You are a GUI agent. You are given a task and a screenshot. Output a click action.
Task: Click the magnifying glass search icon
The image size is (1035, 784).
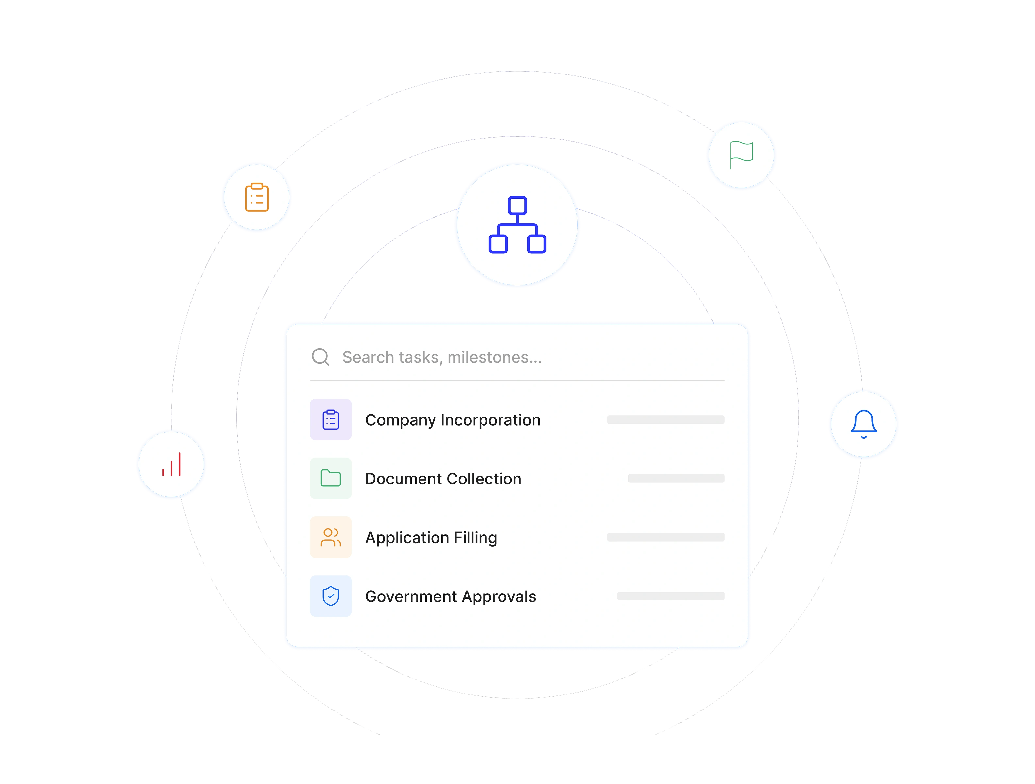(x=320, y=357)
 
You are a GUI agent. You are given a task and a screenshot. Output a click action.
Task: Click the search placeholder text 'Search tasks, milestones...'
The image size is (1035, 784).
(x=442, y=357)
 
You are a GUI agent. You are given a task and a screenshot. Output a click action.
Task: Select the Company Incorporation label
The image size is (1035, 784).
(x=452, y=420)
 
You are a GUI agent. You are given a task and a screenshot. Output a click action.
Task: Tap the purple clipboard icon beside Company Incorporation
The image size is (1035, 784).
(x=331, y=419)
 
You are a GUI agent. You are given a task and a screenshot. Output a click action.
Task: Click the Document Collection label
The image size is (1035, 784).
(x=443, y=479)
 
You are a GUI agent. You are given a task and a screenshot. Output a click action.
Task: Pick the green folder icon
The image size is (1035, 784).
(x=331, y=478)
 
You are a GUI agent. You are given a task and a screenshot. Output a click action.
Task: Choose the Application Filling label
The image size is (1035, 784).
(x=431, y=538)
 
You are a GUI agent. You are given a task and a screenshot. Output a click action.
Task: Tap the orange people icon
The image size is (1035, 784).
(x=331, y=537)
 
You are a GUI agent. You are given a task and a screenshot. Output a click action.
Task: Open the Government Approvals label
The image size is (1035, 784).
(x=451, y=597)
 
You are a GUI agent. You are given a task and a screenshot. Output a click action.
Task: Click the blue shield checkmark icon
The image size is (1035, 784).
(x=331, y=596)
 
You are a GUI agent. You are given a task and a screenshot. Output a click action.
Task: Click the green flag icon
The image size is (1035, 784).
(x=742, y=155)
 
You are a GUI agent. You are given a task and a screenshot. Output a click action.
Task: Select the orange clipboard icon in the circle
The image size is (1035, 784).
(x=257, y=197)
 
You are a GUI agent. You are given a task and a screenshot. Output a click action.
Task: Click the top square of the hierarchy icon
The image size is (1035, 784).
(x=517, y=205)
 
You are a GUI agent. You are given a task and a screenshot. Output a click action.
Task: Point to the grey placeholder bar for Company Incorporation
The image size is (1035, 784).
(x=666, y=419)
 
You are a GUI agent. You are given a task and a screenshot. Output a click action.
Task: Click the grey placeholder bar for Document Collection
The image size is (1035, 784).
(x=676, y=478)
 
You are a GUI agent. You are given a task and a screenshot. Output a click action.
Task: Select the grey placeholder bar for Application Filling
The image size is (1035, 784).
(x=666, y=537)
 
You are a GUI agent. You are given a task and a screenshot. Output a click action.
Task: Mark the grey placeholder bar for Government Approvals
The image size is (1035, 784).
(x=671, y=596)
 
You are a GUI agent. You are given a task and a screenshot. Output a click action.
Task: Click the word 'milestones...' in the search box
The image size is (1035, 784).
(x=495, y=357)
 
